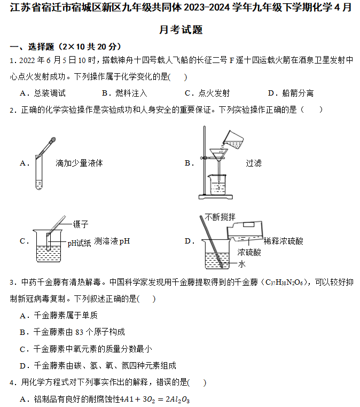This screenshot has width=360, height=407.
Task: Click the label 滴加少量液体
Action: pos(79,163)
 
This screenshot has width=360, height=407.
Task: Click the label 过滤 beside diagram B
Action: pos(254,163)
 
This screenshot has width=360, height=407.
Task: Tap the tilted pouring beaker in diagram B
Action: pos(233,139)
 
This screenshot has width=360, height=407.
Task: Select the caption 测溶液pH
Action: pos(112,241)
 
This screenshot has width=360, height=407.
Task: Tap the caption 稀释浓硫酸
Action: pos(284,241)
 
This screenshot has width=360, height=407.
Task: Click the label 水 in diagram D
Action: pos(241,264)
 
